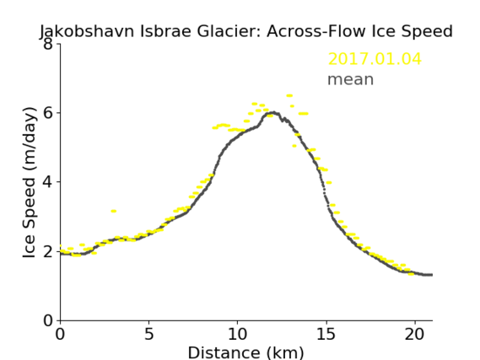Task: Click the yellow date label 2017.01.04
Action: point(375,59)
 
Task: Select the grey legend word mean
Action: point(351,79)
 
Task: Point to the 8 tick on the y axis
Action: point(48,44)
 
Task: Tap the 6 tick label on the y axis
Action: point(48,113)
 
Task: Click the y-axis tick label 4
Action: point(48,182)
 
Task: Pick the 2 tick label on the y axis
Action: point(48,251)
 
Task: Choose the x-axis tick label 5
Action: point(148,334)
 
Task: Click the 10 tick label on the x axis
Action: point(238,334)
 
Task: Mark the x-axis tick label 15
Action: point(326,334)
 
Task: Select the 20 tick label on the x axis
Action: point(415,334)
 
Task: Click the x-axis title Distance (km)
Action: point(245,353)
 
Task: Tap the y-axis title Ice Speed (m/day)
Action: point(30,182)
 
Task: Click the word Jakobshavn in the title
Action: point(87,31)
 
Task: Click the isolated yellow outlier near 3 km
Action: point(114,211)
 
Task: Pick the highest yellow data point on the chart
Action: point(289,96)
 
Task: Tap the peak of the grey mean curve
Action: point(274,113)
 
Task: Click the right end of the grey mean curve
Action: point(432,275)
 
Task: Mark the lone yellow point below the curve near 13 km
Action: point(294,146)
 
